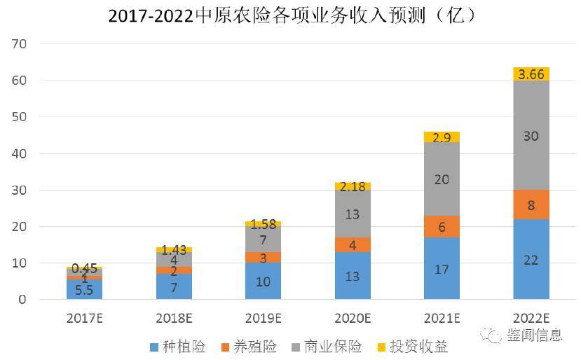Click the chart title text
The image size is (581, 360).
coord(291,15)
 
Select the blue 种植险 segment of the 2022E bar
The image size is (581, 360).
coord(531,259)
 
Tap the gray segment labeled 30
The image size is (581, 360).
coord(531,136)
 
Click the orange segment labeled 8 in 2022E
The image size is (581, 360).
coord(531,205)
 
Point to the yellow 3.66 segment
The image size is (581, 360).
coord(531,74)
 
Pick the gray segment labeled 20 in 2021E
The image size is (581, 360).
coord(442,179)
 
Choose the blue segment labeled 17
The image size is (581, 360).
coord(442,268)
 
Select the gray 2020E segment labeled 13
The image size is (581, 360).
coord(353,214)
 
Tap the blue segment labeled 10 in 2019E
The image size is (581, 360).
coord(264,281)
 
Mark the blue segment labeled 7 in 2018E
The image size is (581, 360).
coord(174,286)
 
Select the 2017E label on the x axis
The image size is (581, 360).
coord(85,317)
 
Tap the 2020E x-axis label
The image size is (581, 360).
coord(353,317)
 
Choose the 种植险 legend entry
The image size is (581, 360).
coord(178,346)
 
